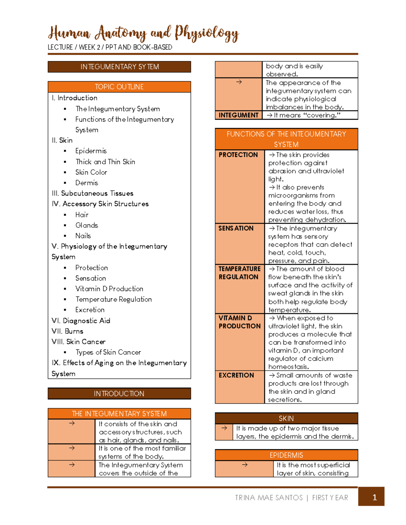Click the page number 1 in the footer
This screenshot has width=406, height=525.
(374, 497)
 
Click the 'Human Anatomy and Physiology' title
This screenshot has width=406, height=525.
(143, 33)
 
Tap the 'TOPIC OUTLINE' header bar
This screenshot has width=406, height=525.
(119, 87)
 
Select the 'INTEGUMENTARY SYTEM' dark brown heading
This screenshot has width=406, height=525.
(119, 67)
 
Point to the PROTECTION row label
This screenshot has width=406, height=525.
(238, 155)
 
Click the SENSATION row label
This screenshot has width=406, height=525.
(236, 228)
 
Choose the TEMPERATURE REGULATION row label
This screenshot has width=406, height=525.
(239, 273)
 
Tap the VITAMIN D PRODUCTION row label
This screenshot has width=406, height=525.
(239, 322)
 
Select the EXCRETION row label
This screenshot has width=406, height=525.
(236, 375)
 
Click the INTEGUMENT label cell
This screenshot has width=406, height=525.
(239, 115)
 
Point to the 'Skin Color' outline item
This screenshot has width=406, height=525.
(91, 172)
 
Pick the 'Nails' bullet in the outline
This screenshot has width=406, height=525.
(83, 236)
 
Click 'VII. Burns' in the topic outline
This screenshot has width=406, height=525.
(67, 331)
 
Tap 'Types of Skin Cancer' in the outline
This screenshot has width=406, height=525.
(108, 352)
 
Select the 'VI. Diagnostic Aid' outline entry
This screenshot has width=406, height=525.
(81, 320)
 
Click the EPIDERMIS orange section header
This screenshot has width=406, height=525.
(286, 455)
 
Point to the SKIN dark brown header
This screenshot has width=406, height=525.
(286, 419)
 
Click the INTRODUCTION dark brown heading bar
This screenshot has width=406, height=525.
(119, 393)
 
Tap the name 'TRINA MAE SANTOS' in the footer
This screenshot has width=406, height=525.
(269, 498)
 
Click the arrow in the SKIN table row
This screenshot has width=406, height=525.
(224, 428)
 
